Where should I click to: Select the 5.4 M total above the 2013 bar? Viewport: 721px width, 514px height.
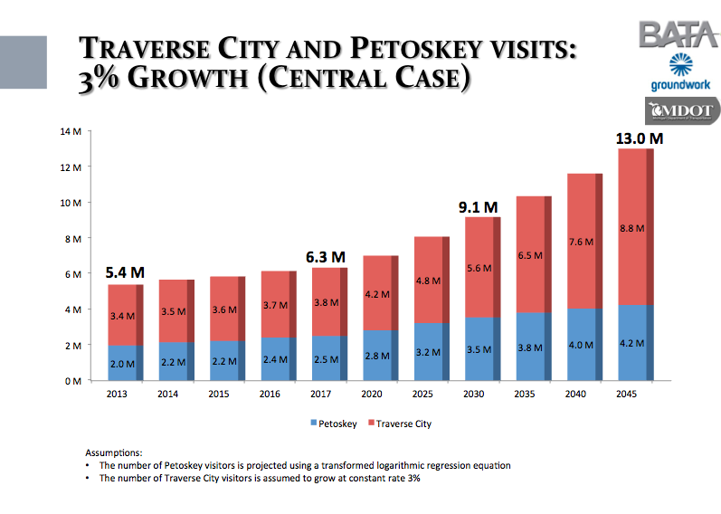point(124,271)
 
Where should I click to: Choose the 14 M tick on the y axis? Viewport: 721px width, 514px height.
point(71,131)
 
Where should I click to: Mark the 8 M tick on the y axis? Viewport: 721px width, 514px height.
point(72,238)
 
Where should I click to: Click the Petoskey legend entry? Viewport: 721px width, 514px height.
point(337,423)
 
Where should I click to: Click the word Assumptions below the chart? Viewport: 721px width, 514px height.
point(114,452)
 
